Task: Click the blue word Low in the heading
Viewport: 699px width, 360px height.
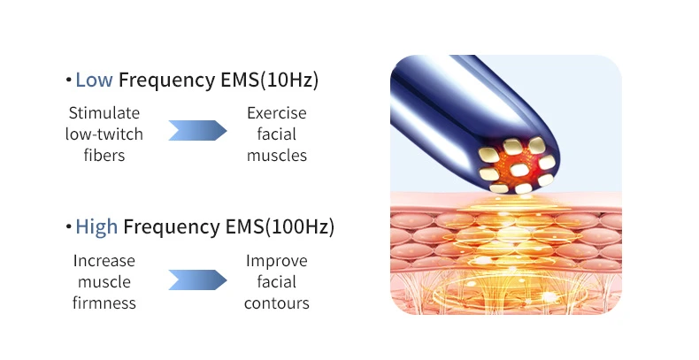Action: click(x=94, y=80)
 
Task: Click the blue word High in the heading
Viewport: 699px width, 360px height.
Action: click(x=96, y=227)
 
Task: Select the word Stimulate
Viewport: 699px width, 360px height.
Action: click(x=104, y=113)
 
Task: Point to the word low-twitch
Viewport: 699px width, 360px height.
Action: click(x=104, y=134)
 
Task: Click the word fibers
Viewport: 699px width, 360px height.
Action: click(x=104, y=156)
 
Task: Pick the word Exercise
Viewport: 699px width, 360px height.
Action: click(x=276, y=113)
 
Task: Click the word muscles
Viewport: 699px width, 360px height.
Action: click(x=276, y=156)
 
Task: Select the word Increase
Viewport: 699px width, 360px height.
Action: click(x=104, y=261)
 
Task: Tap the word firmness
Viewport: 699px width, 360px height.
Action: click(x=104, y=303)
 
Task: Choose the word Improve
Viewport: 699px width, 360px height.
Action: click(x=276, y=261)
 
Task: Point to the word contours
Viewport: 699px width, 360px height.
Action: click(x=276, y=303)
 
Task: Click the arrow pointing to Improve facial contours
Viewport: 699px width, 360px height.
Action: click(x=196, y=280)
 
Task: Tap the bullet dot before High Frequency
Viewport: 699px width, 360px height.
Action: click(x=68, y=228)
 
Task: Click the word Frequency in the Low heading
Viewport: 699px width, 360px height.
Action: click(x=162, y=80)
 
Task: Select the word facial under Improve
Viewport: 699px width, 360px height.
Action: click(x=276, y=282)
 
